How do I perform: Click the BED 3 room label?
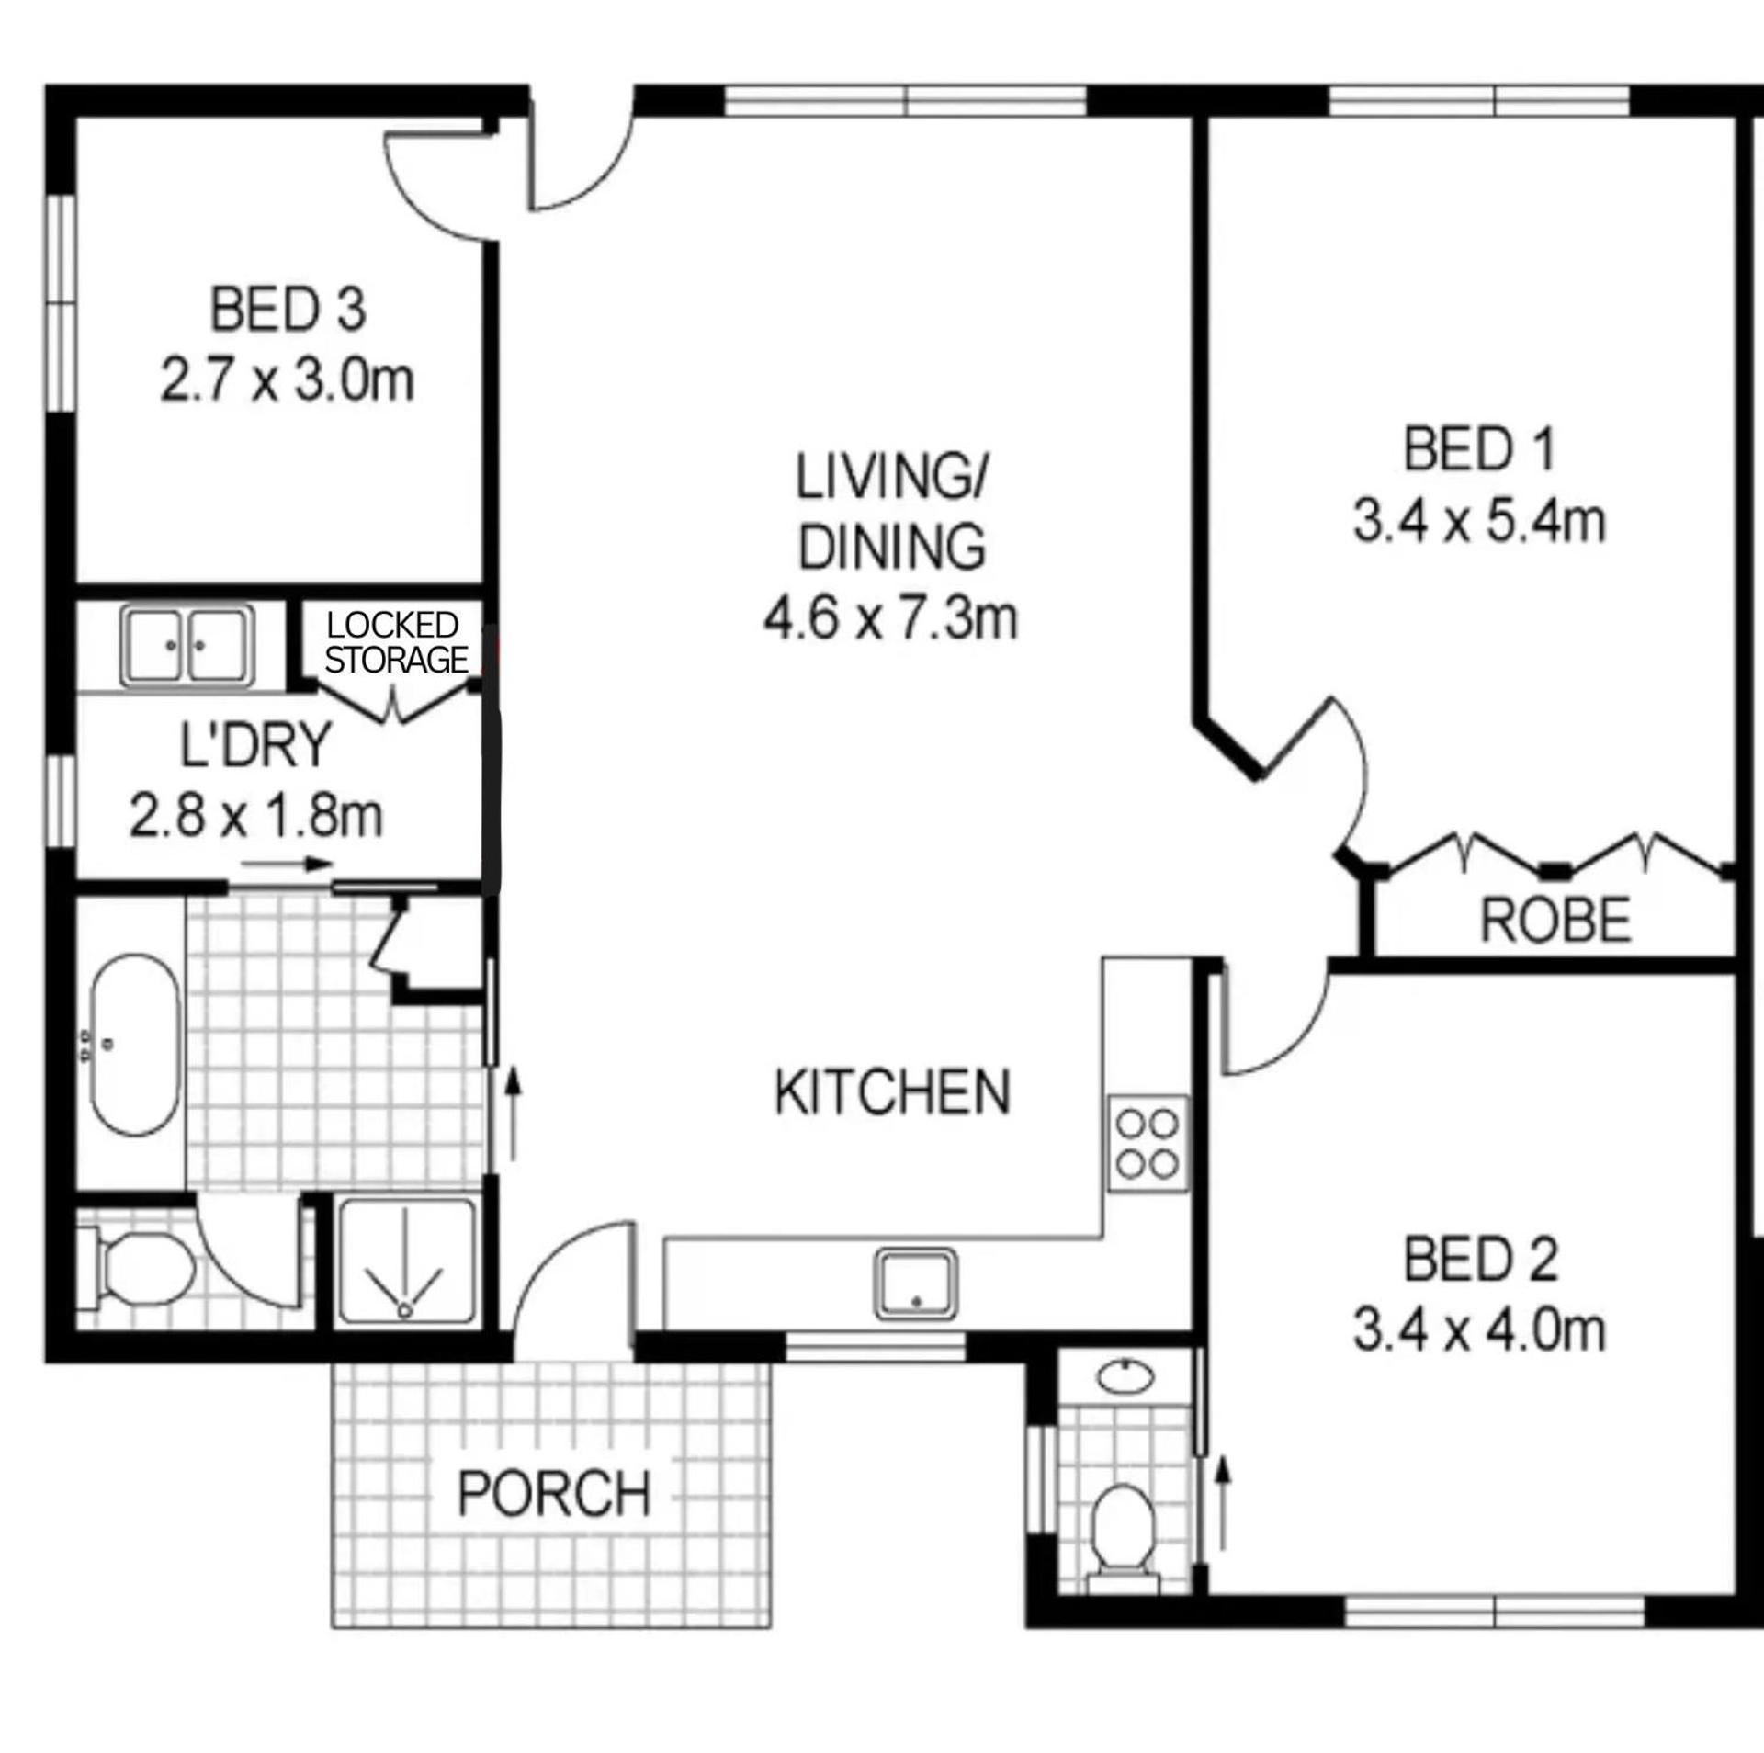[x=288, y=310]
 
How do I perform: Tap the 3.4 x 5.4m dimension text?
[x=1479, y=522]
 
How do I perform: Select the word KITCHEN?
[x=892, y=1091]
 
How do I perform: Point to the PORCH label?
[x=554, y=1493]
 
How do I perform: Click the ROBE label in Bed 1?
[x=1555, y=920]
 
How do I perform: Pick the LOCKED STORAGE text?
[x=396, y=642]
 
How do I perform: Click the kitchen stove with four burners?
[x=1148, y=1144]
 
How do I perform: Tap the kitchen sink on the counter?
[x=915, y=1283]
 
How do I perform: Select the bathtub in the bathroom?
[x=136, y=1046]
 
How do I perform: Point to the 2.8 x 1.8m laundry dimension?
[x=255, y=816]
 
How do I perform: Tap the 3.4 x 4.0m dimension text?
[x=1479, y=1331]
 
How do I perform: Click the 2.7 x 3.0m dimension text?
[x=288, y=380]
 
